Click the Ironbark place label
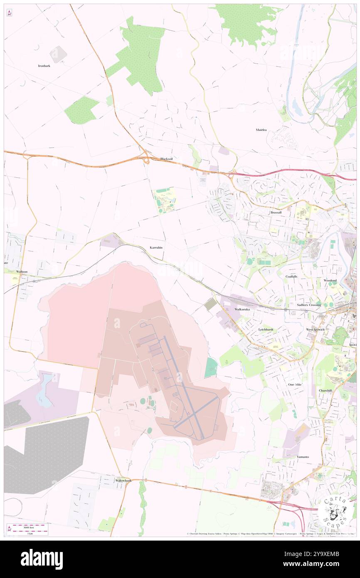44,66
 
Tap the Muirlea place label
261,130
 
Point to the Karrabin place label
156,247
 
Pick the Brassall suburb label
276,212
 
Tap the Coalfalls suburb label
291,276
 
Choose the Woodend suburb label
330,280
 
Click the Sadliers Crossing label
309,305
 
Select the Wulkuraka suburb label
242,310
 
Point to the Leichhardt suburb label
266,329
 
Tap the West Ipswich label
316,329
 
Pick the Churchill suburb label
325,390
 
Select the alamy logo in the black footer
42,559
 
